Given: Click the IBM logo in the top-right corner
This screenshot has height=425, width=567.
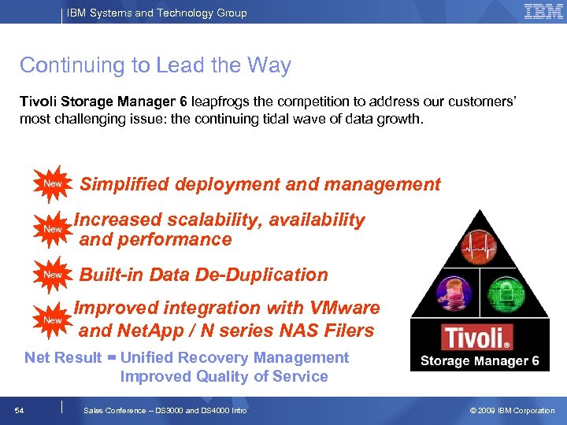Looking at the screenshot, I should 543,12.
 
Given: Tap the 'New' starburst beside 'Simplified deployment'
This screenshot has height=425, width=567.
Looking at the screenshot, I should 53,184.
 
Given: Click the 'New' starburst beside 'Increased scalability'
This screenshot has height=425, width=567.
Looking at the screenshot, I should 53,229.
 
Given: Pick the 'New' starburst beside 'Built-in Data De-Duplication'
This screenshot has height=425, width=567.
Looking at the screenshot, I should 53,275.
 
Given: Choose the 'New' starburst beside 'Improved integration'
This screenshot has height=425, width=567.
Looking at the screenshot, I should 53,320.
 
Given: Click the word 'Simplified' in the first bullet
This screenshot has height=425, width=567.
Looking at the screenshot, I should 124,185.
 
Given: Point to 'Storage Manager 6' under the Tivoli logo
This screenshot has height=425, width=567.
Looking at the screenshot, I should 479,361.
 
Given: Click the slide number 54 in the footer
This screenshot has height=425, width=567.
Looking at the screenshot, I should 20,411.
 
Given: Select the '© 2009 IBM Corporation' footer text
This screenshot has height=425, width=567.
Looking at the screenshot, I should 512,411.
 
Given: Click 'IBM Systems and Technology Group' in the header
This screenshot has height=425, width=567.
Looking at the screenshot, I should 156,13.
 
